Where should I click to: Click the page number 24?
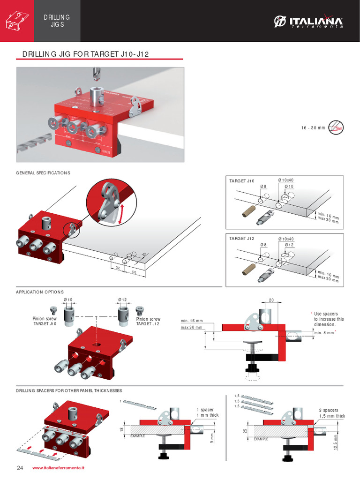click(20, 468)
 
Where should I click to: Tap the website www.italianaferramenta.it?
click(59, 468)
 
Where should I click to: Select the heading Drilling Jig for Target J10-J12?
click(85, 54)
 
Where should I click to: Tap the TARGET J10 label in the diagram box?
click(241, 180)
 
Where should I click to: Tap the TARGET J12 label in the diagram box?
click(241, 239)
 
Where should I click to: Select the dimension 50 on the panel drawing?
click(134, 272)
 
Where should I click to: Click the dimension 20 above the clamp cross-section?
click(271, 300)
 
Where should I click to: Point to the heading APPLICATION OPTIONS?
click(40, 292)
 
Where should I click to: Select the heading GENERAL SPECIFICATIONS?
click(43, 173)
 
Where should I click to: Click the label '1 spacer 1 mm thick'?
click(207, 412)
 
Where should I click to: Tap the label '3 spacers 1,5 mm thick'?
click(331, 413)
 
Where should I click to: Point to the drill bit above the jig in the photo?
click(97, 73)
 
